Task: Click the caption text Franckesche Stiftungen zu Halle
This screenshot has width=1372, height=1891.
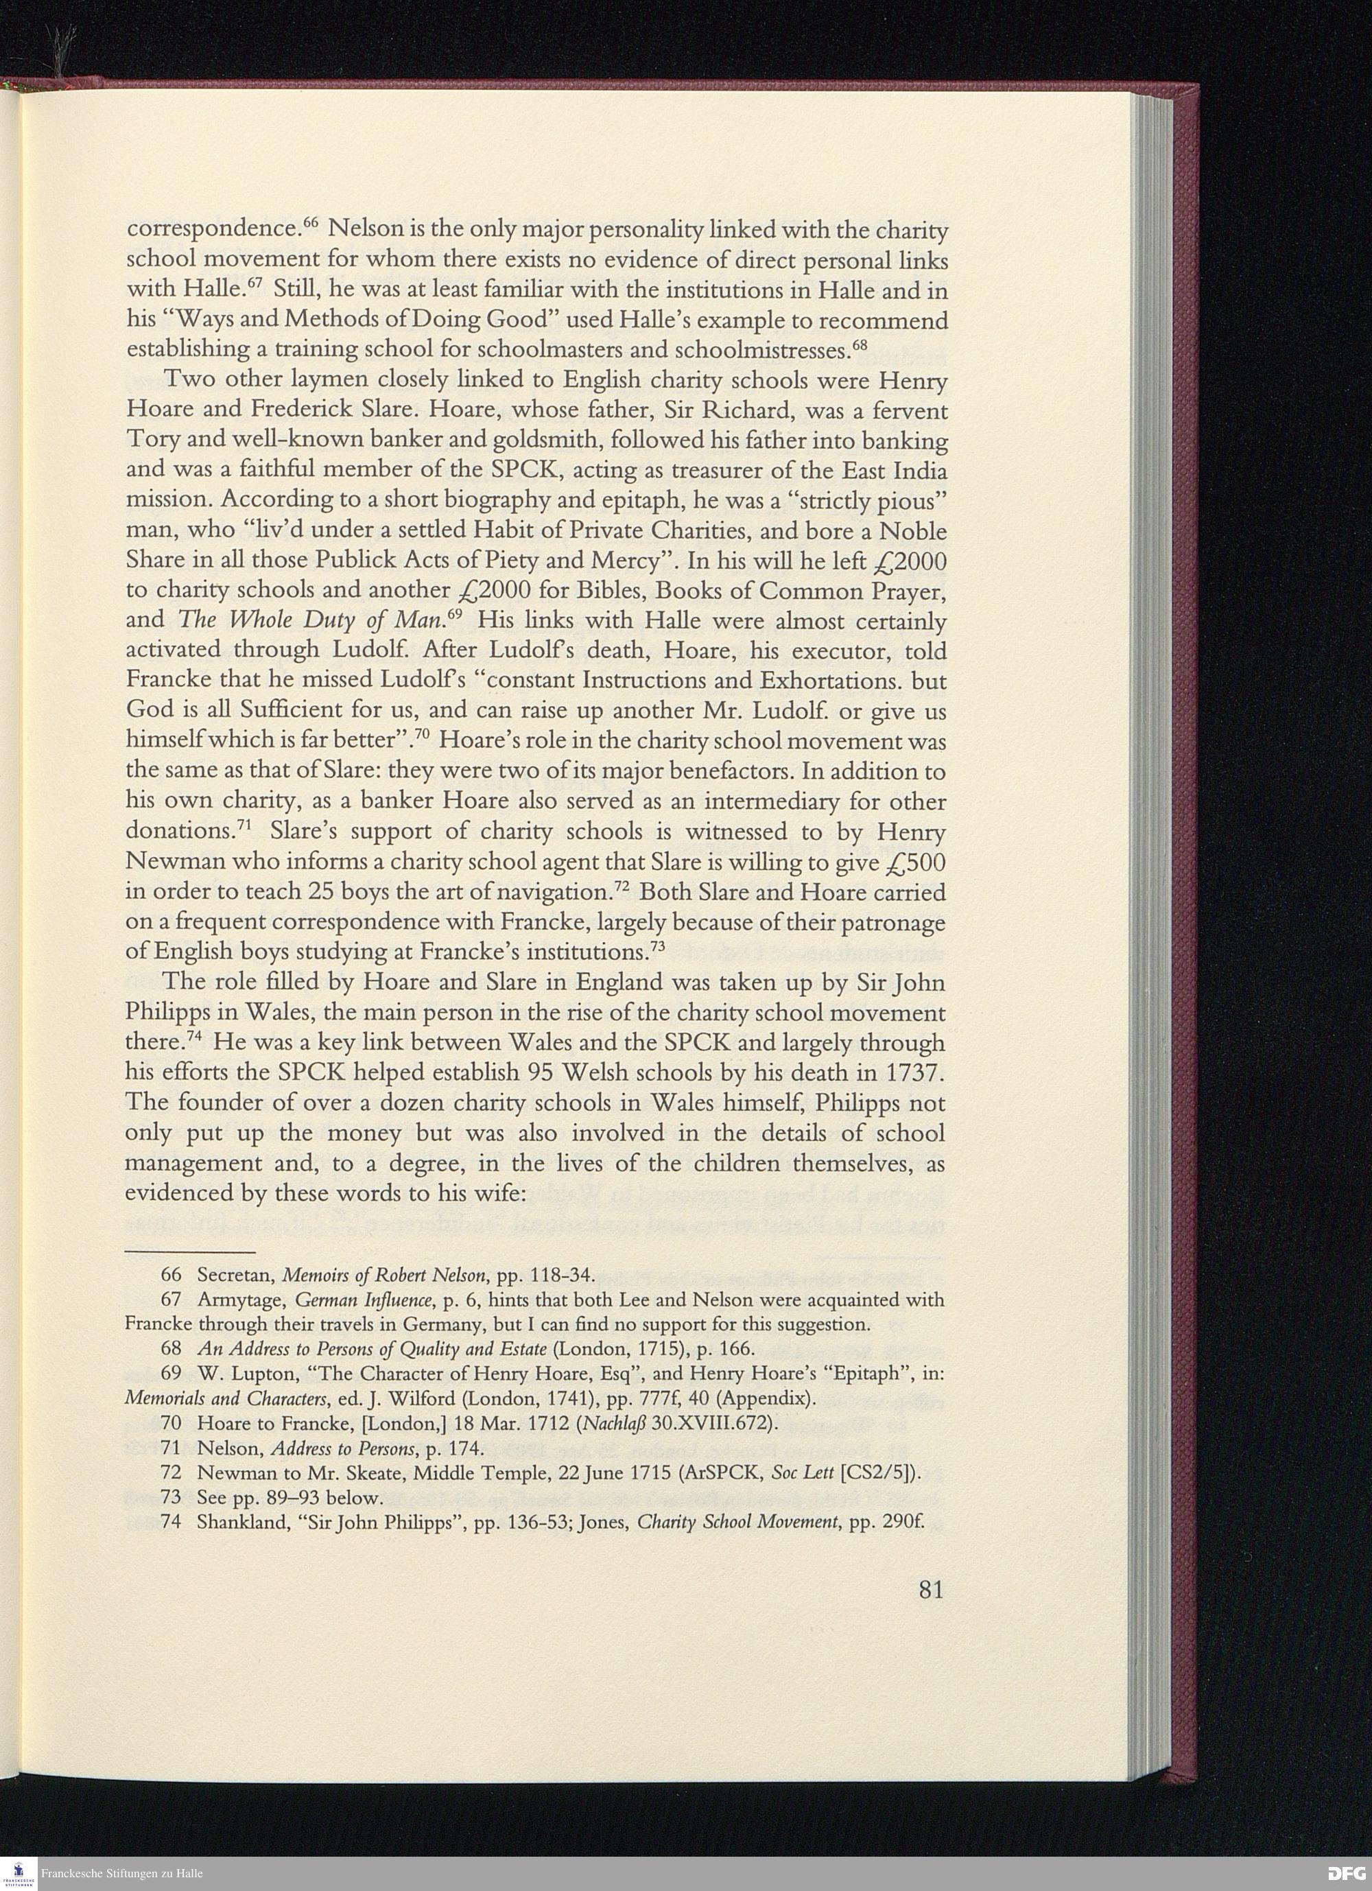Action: tap(121, 1873)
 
